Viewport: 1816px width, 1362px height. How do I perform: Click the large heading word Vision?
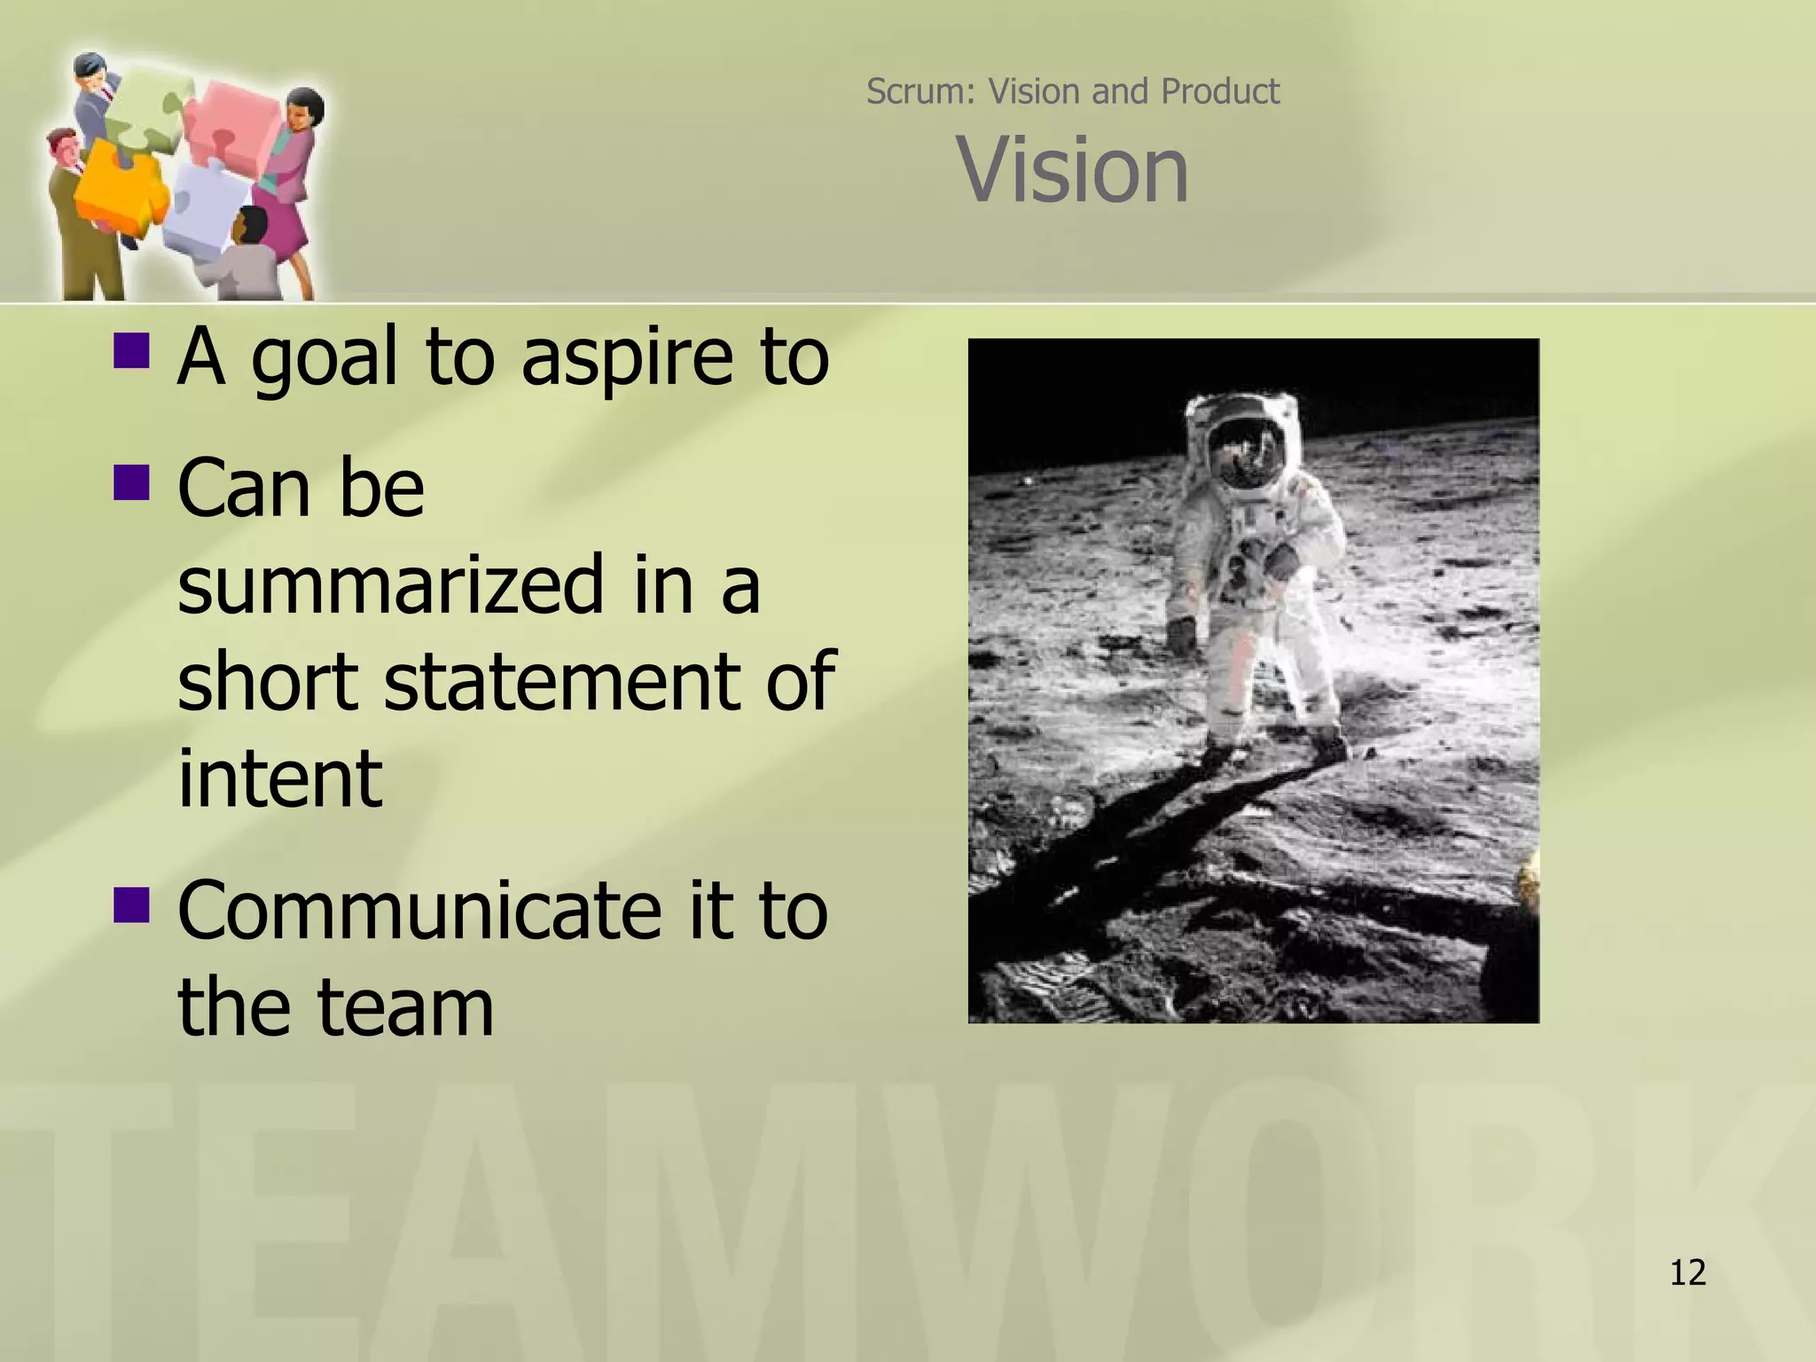pos(1072,170)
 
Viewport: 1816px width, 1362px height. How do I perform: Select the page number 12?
pos(1687,1272)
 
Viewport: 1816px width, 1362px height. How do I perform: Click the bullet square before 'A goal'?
pos(131,349)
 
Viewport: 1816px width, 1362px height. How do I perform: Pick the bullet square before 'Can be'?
pos(131,482)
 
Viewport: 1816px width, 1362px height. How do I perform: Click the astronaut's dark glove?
pos(1182,634)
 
